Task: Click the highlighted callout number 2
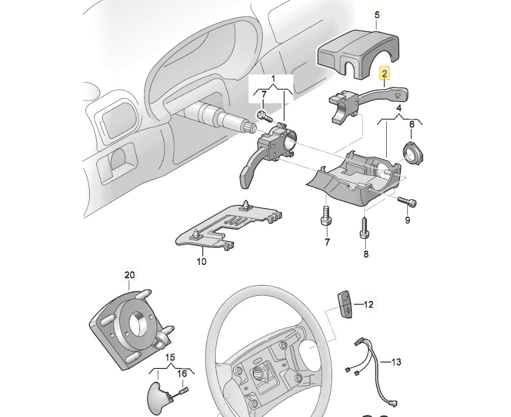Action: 385,74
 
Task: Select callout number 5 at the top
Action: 377,15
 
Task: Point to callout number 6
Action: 412,125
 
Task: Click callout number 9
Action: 407,220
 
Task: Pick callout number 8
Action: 365,254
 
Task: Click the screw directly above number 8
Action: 365,228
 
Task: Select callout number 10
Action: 201,261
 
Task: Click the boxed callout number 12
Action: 369,305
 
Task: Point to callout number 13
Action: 396,362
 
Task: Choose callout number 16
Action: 182,373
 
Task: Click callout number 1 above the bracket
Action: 273,78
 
